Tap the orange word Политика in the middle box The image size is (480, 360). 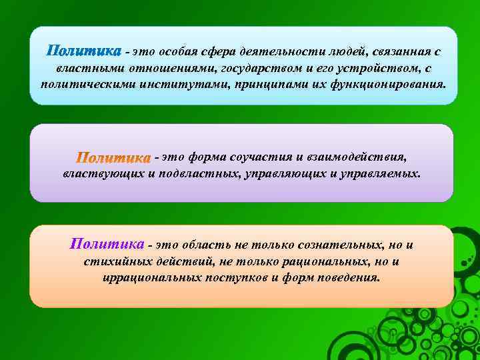113,158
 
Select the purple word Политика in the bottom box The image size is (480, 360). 107,243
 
